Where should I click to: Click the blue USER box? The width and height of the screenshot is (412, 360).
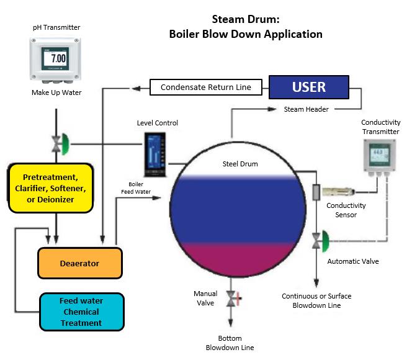click(308, 87)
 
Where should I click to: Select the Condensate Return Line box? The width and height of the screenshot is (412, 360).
click(206, 88)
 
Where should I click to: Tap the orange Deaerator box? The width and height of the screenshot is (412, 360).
click(79, 263)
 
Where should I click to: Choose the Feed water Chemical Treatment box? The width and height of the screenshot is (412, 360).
click(81, 312)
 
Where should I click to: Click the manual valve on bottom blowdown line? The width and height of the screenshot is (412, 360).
click(232, 300)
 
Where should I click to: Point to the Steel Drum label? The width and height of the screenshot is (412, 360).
click(240, 164)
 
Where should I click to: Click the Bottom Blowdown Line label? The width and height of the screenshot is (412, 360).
click(230, 343)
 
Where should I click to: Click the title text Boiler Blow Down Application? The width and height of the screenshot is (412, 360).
click(246, 34)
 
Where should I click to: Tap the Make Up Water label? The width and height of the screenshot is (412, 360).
click(56, 92)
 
